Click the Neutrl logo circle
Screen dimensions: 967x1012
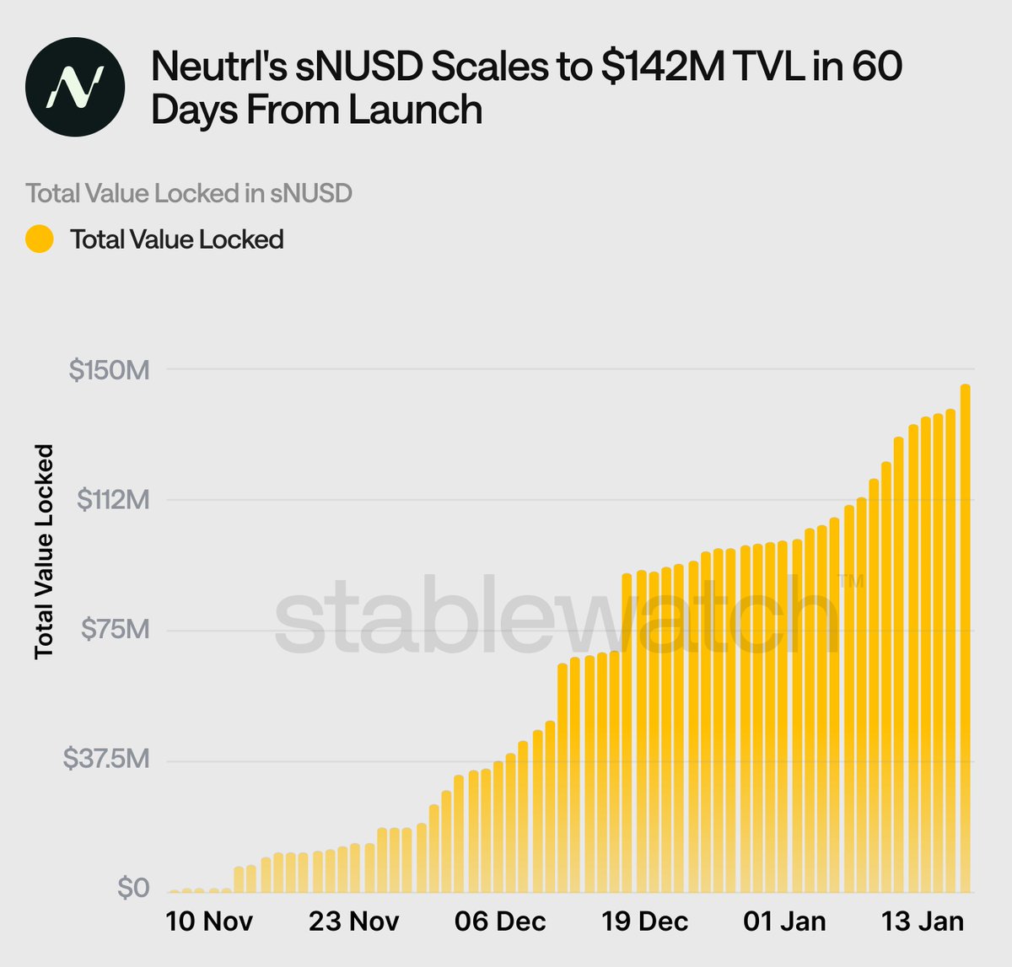pos(75,87)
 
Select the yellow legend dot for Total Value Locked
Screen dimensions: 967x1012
pos(40,239)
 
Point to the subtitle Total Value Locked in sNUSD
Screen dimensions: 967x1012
pos(189,193)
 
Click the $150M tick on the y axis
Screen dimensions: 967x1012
pos(109,369)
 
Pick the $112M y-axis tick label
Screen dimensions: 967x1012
pos(113,500)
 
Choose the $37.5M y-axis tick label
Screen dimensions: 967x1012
pos(106,760)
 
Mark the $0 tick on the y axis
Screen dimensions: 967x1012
pos(132,888)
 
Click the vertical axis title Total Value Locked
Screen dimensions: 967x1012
pos(44,551)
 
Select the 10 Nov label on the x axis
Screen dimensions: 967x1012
pos(209,921)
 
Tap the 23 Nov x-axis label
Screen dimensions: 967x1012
pos(353,921)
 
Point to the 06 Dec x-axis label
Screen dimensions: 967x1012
pos(499,921)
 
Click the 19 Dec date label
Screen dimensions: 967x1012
pos(644,921)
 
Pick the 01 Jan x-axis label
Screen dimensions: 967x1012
pos(784,921)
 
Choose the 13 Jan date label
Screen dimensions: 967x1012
pos(922,921)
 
